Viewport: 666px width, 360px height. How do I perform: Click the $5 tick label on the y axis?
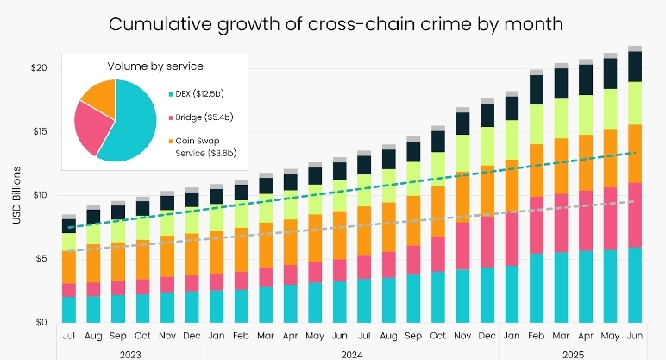pos(40,259)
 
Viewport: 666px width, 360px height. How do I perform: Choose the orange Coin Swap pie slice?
pos(99,97)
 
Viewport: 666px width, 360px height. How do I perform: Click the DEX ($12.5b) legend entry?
pos(201,92)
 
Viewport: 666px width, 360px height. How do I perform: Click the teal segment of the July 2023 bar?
pos(69,309)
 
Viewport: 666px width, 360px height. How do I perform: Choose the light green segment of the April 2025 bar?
pos(586,115)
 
